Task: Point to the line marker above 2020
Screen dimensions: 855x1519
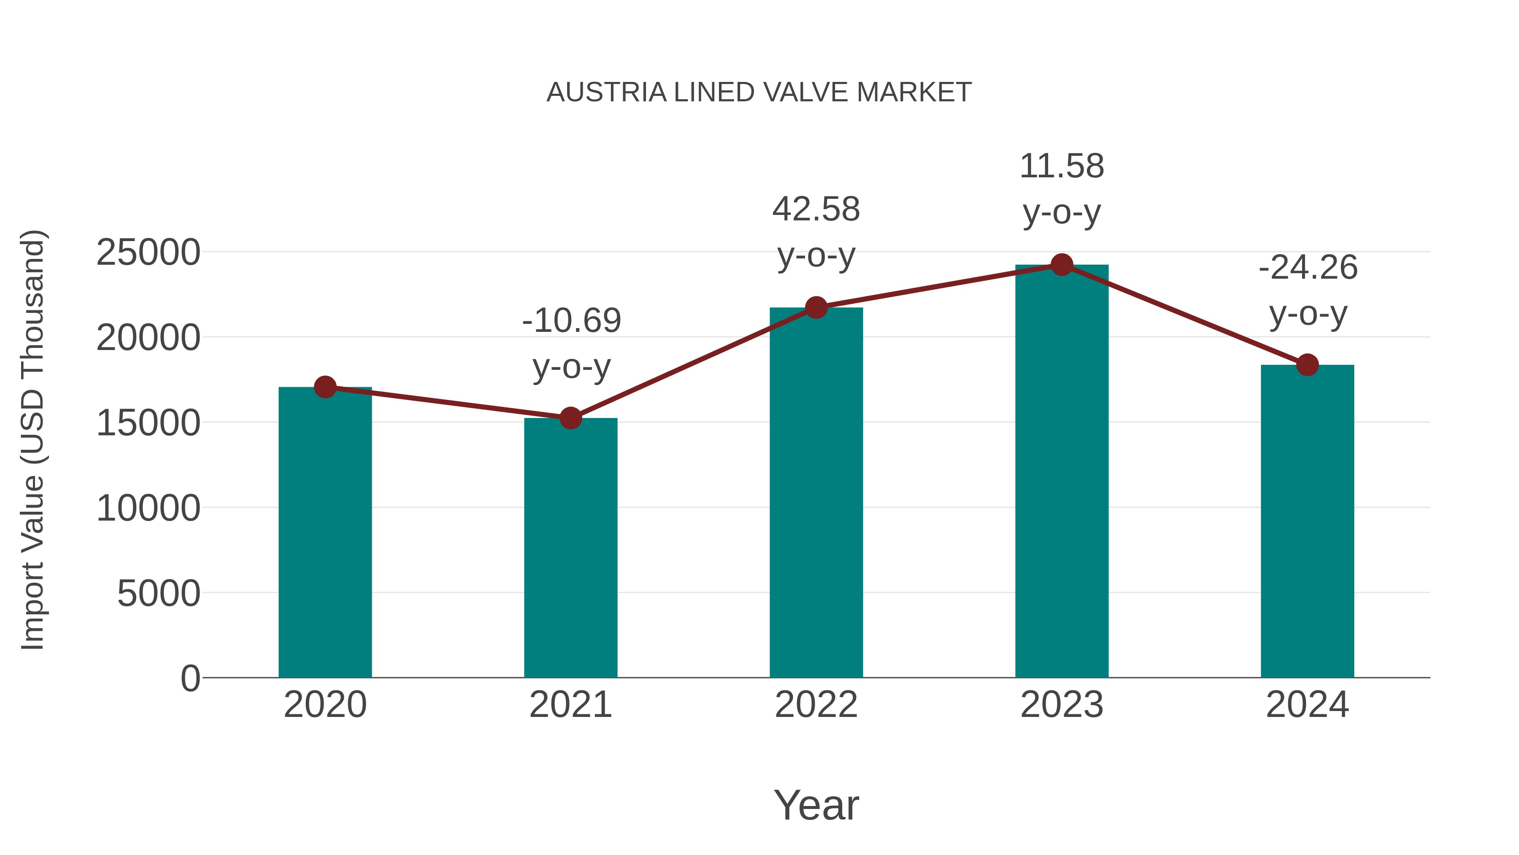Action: pyautogui.click(x=325, y=387)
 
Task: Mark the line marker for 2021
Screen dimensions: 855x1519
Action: pyautogui.click(x=570, y=418)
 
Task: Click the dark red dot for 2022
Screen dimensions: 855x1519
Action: pyautogui.click(x=816, y=307)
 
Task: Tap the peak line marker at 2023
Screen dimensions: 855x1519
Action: pyautogui.click(x=1062, y=265)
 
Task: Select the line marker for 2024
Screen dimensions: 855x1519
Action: pyautogui.click(x=1307, y=365)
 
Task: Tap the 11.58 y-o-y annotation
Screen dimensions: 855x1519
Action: pyautogui.click(x=1062, y=189)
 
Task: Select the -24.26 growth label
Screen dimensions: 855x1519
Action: pyautogui.click(x=1308, y=290)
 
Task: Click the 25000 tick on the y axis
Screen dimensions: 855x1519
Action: pyautogui.click(x=148, y=252)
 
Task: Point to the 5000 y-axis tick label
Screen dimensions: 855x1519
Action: pyautogui.click(x=159, y=593)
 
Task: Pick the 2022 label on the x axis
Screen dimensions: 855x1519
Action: pyautogui.click(x=816, y=705)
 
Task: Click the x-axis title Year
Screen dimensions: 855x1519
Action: pyautogui.click(x=816, y=805)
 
